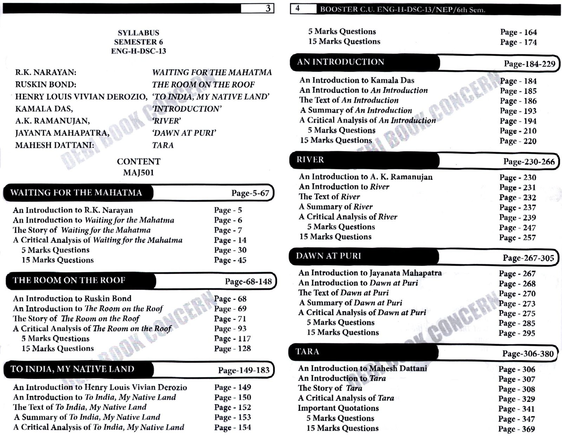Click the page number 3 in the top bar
(x=268, y=8)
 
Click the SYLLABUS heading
(x=138, y=33)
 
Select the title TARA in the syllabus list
(x=163, y=145)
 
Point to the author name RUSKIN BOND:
(x=46, y=84)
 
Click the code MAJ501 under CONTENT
(x=138, y=172)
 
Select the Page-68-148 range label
(x=248, y=282)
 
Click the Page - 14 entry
(x=230, y=240)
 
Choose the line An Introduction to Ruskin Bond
(x=72, y=298)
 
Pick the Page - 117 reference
(x=232, y=339)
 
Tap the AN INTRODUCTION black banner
(x=341, y=62)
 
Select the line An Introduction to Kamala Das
(x=357, y=80)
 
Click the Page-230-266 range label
(x=529, y=162)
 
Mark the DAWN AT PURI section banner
(x=328, y=256)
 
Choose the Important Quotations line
(x=338, y=408)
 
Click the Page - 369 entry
(x=516, y=429)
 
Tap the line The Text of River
(x=329, y=197)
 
